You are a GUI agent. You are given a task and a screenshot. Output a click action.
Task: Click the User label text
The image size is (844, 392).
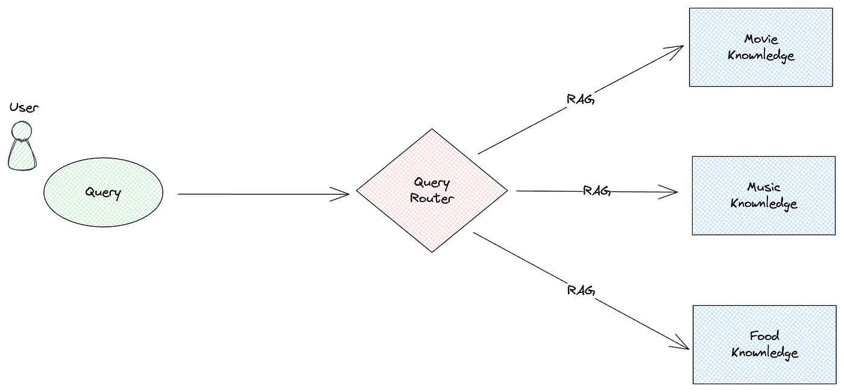(24, 108)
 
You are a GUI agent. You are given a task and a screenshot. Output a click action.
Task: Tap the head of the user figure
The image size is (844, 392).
(22, 131)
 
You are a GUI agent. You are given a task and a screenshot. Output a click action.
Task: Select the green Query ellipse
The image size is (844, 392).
(103, 192)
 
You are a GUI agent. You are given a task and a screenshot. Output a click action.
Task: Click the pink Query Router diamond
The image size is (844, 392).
(432, 191)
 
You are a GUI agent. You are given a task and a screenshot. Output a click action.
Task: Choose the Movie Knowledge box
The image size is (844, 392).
(761, 48)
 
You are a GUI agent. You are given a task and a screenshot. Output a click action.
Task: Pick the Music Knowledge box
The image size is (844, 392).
(764, 195)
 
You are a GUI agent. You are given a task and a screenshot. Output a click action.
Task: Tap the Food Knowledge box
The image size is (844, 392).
(764, 344)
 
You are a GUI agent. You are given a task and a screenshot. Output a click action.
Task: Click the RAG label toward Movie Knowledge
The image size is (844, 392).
(581, 100)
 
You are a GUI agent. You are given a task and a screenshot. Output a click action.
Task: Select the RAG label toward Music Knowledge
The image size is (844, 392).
(597, 191)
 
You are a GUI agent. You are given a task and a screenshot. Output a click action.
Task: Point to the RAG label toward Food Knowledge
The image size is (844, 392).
(581, 290)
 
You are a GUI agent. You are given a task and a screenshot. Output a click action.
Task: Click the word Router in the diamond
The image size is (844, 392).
(432, 198)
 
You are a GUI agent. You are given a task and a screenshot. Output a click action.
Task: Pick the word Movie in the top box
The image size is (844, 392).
(761, 39)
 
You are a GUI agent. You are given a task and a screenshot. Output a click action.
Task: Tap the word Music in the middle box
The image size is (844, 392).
(764, 187)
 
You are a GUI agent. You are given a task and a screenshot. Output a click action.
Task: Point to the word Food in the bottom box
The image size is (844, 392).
(764, 335)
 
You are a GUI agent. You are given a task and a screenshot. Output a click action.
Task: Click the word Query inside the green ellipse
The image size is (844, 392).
(103, 192)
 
